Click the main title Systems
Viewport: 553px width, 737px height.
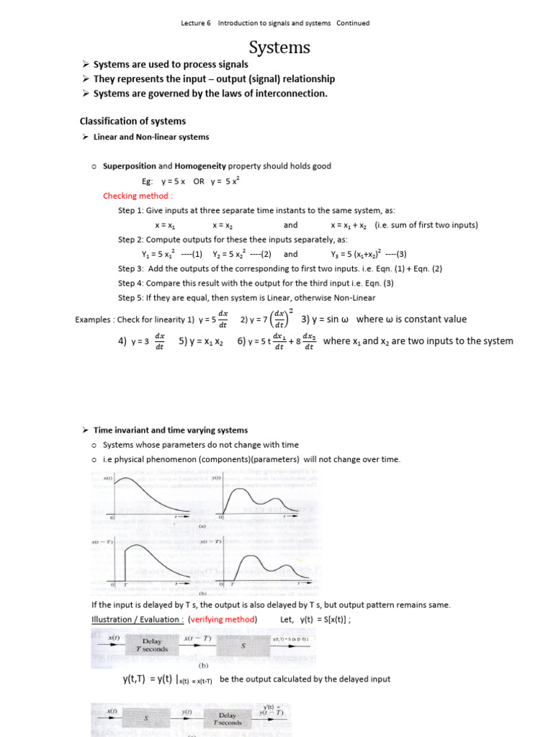[x=279, y=48]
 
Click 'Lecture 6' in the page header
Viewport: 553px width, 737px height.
[x=196, y=23]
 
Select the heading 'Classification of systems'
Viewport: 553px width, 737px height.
[x=132, y=121]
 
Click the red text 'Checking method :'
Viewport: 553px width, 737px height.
[x=138, y=196]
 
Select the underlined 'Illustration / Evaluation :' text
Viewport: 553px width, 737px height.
[x=135, y=620]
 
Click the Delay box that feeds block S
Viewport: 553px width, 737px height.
[x=152, y=645]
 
